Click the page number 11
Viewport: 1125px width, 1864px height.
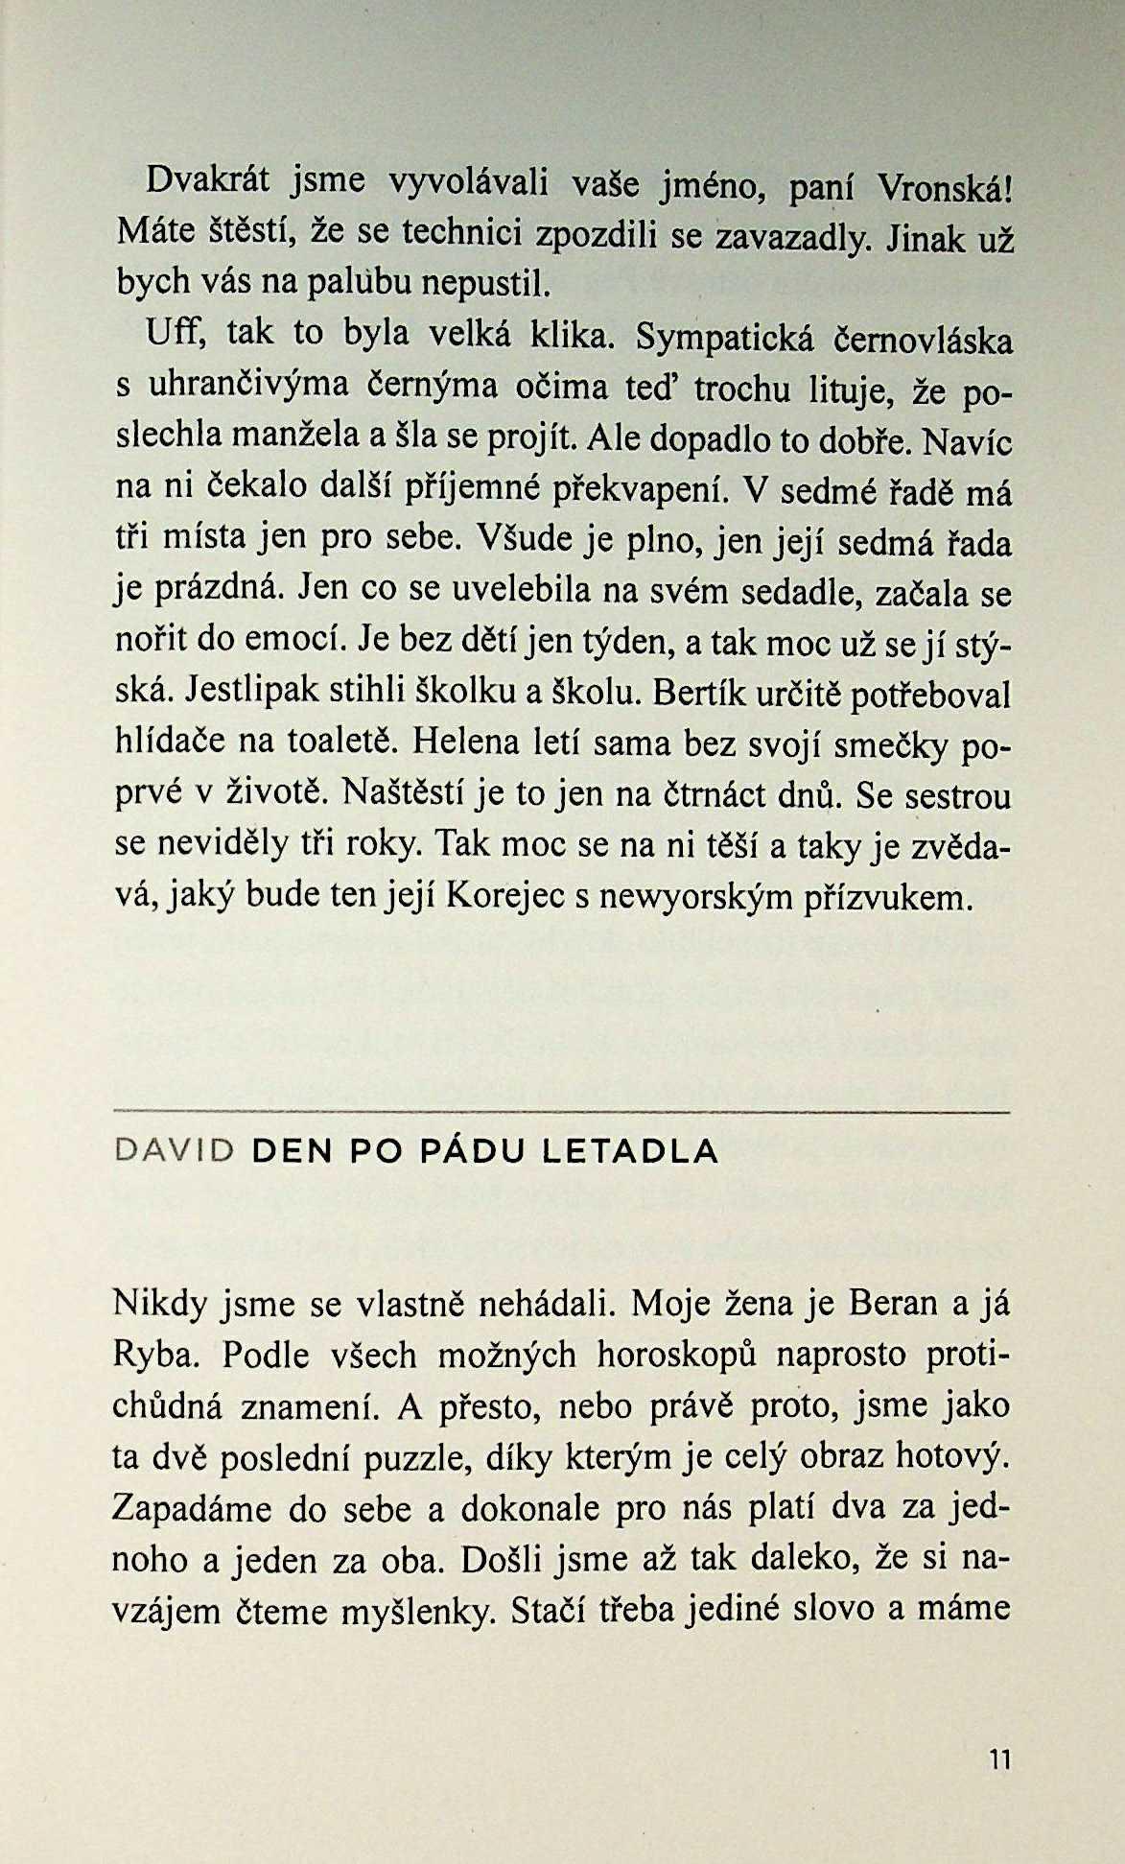coord(999,1759)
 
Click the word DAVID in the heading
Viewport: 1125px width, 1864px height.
coord(175,1151)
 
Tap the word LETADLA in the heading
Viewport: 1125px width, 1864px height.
coord(630,1151)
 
